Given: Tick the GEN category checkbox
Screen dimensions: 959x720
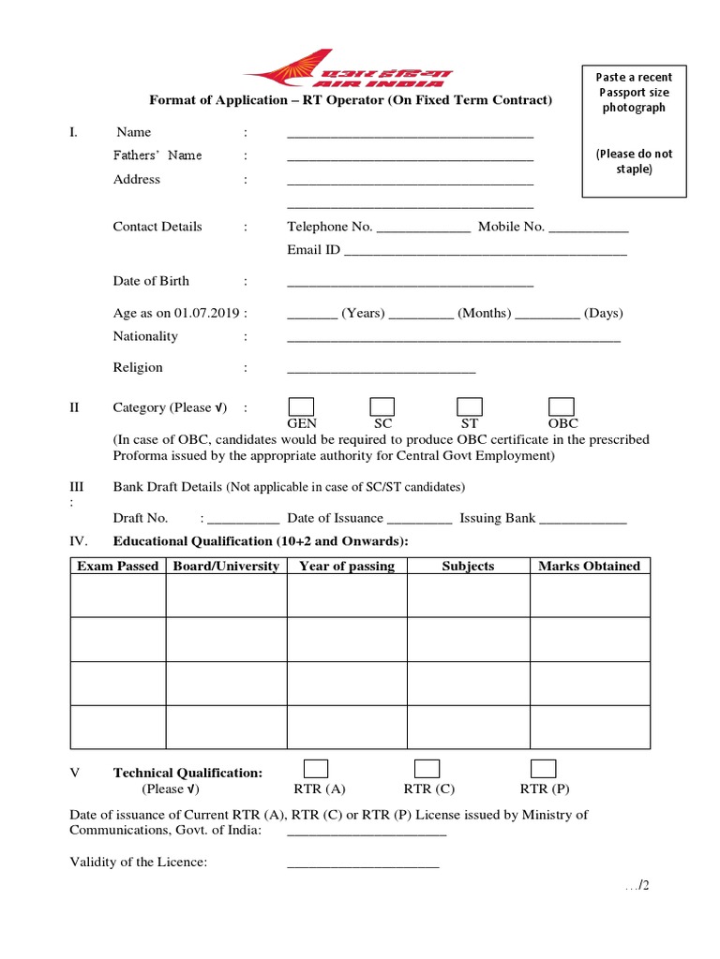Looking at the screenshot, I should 301,406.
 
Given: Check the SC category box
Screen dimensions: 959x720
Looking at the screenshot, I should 382,406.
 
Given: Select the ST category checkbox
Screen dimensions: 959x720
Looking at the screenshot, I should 470,406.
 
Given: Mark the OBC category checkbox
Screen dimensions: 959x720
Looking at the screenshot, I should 562,406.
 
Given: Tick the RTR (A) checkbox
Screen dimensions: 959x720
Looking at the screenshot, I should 316,769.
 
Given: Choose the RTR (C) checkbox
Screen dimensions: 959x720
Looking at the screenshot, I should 427,769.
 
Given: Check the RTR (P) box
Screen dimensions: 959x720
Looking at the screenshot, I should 544,769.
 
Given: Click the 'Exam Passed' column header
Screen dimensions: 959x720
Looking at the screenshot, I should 118,566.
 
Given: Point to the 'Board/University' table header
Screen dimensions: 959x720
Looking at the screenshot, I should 226,566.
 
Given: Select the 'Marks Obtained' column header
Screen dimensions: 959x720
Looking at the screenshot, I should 590,566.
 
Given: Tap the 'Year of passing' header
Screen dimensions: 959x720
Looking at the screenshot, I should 347,566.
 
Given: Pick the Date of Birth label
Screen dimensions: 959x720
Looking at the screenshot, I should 151,281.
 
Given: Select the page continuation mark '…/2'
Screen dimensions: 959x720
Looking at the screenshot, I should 637,887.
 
